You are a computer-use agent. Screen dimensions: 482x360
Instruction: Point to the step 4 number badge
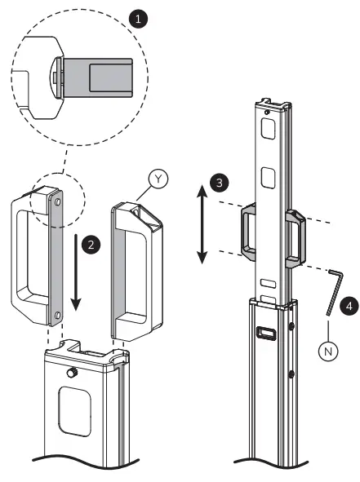coord(347,307)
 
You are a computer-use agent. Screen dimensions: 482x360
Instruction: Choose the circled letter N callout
coord(328,352)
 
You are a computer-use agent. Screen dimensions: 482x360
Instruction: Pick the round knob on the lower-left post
coord(71,375)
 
